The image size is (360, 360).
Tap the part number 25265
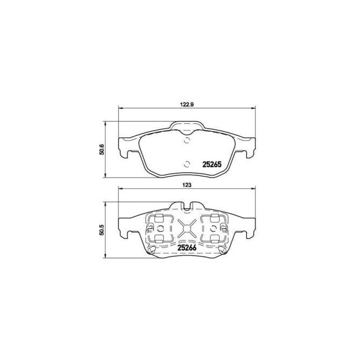click(211, 165)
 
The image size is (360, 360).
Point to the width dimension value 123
click(187, 183)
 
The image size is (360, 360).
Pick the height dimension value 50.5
click(101, 228)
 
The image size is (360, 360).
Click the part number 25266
click(186, 249)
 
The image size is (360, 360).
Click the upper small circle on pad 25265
click(187, 142)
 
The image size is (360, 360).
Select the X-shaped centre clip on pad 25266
click(187, 228)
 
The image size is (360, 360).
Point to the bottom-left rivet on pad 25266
click(153, 248)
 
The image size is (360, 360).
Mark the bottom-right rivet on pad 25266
click(220, 248)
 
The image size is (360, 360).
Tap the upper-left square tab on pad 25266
click(159, 218)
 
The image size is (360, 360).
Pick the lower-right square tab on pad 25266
click(215, 238)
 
